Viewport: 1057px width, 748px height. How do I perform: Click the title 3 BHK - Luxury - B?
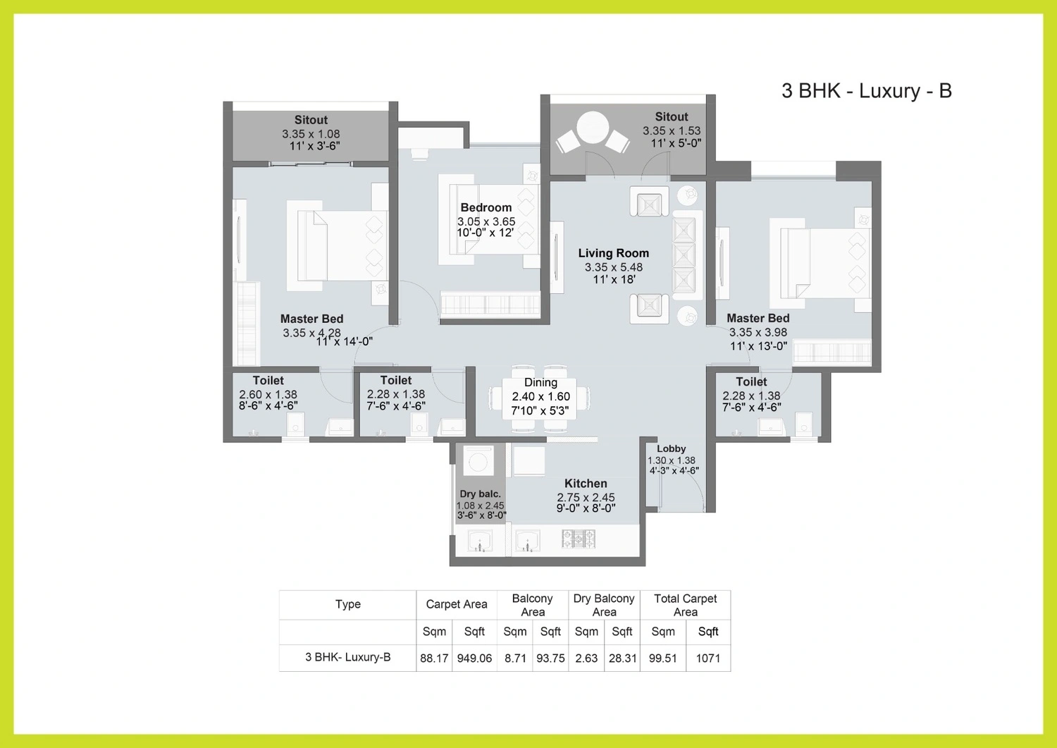coord(866,91)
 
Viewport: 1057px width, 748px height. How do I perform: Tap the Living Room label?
coord(614,253)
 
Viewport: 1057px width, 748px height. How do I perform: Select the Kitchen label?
coord(586,483)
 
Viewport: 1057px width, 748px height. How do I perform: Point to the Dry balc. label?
coord(480,494)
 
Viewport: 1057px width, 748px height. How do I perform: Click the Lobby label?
coord(671,448)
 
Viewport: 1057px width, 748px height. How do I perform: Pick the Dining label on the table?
coord(540,383)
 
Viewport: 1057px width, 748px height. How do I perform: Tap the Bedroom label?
coord(486,207)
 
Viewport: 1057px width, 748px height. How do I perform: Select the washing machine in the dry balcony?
coord(478,460)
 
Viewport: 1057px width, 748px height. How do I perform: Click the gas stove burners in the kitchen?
coord(578,539)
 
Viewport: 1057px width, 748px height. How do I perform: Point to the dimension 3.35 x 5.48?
coord(614,267)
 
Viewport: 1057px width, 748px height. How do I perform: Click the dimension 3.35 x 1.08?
coord(311,134)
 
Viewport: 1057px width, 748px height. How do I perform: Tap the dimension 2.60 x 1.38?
coord(268,394)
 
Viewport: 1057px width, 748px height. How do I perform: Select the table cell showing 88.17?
coord(434,658)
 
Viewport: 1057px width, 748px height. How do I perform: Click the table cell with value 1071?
coord(708,658)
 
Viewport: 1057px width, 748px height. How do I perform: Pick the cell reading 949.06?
coord(474,658)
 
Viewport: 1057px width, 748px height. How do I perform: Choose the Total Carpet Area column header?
coord(685,605)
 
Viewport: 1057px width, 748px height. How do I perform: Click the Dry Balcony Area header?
coord(604,605)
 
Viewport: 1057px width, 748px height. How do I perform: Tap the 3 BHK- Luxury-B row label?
coord(348,657)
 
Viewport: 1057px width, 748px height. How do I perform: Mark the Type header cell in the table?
coord(348,604)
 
